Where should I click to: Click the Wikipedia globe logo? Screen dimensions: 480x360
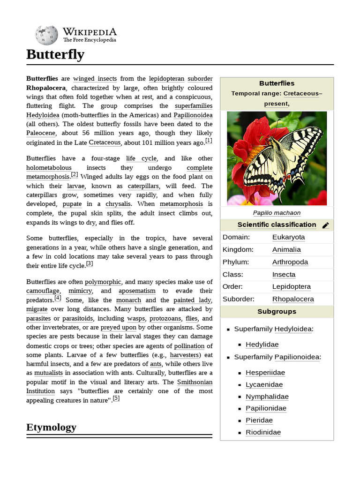[x=46, y=34]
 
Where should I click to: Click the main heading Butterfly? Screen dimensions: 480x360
[x=55, y=54]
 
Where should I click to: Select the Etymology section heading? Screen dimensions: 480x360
[x=51, y=427]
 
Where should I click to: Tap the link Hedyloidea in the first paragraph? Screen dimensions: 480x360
[x=43, y=115]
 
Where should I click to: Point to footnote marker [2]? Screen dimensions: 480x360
[x=74, y=175]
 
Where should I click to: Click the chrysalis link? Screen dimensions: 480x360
[x=118, y=204]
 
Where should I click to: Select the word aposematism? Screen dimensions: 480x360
[x=139, y=291]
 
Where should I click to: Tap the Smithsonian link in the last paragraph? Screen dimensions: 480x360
[x=195, y=382]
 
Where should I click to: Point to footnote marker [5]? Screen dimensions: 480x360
[x=116, y=398]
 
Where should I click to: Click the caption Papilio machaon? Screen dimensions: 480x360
[x=277, y=213]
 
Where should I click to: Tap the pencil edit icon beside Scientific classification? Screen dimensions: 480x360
[x=326, y=225]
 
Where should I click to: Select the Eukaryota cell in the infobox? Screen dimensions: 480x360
[x=288, y=237]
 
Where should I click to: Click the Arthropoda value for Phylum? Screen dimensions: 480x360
[x=290, y=262]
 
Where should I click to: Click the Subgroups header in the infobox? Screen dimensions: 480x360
[x=277, y=311]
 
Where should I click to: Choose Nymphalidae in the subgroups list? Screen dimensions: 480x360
[x=267, y=397]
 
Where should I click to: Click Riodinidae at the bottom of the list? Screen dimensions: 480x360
[x=263, y=433]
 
